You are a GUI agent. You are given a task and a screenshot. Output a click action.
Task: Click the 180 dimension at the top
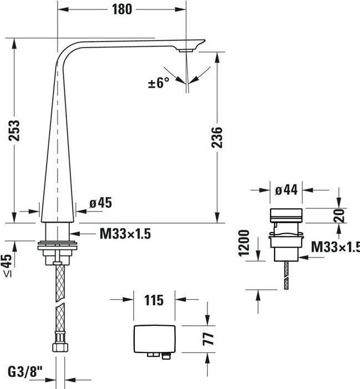click(122, 9)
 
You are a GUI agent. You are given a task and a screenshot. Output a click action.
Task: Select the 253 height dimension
click(14, 130)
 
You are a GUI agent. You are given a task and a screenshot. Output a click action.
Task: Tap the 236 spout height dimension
click(217, 138)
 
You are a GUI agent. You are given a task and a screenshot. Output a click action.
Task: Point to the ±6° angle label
click(159, 82)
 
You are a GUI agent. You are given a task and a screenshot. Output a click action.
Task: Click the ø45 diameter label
click(100, 203)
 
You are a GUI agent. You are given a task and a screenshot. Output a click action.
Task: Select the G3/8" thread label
click(25, 372)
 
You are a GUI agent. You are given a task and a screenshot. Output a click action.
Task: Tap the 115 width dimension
click(154, 300)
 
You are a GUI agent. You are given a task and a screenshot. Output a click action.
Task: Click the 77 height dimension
click(208, 339)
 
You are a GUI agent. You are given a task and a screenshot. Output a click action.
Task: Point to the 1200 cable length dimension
click(244, 243)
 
